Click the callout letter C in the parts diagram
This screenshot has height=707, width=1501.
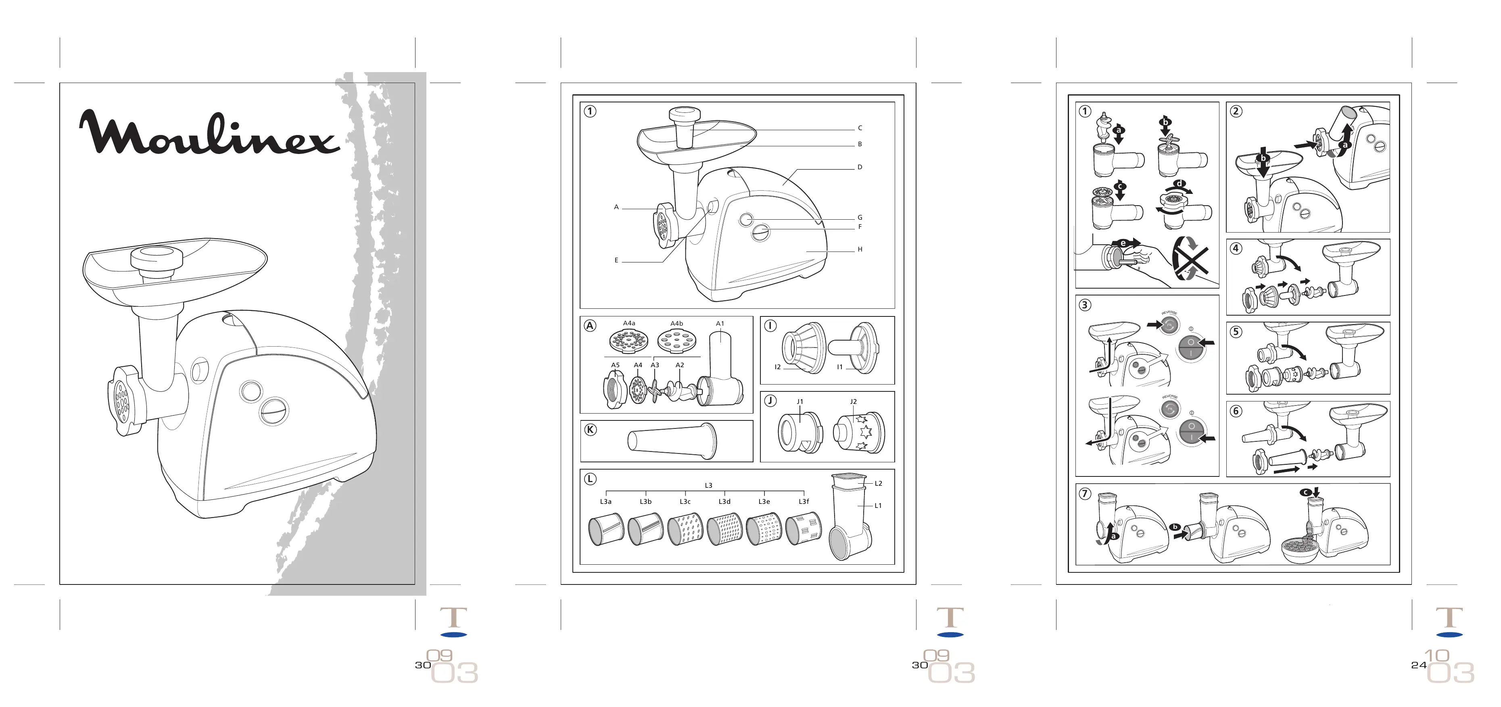pyautogui.click(x=860, y=128)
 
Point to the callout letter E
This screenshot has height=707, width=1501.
pyautogui.click(x=616, y=261)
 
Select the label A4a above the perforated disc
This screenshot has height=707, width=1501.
pyautogui.click(x=629, y=323)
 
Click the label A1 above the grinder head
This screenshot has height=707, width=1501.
pyautogui.click(x=720, y=324)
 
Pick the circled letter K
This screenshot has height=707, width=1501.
pyautogui.click(x=590, y=430)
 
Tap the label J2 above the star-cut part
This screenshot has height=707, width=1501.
pyautogui.click(x=853, y=402)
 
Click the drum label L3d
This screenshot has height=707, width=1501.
pyautogui.click(x=724, y=501)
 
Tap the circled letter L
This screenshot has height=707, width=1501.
pyautogui.click(x=590, y=479)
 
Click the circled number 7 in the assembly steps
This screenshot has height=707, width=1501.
pyautogui.click(x=1084, y=493)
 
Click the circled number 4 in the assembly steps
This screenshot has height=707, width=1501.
pyautogui.click(x=1235, y=248)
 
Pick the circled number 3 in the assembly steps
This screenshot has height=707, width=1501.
pyautogui.click(x=1084, y=305)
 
